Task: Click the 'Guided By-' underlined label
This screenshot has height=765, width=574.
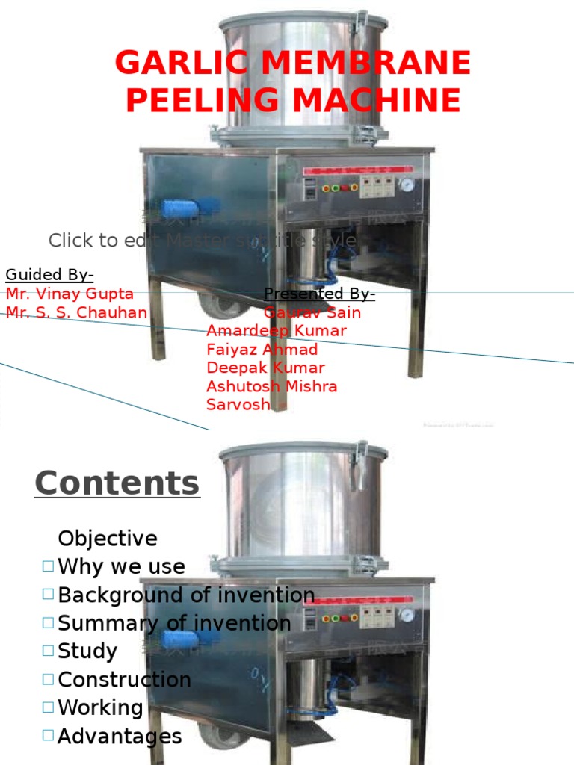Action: coord(49,275)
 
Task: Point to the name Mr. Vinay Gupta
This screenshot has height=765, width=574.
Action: coord(70,294)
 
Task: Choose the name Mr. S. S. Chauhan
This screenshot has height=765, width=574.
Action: coord(76,312)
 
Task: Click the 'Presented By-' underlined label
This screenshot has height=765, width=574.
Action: coord(320,294)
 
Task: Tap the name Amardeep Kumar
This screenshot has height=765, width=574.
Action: coord(277,330)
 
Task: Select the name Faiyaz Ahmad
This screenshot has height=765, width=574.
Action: coord(262,349)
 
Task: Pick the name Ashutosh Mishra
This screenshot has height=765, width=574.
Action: coord(271,386)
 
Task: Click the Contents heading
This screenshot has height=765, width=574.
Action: coord(117,483)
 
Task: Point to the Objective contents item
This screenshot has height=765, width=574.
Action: coord(108,539)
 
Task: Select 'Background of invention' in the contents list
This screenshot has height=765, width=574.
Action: coord(186,595)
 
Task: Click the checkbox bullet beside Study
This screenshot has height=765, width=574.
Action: coord(49,651)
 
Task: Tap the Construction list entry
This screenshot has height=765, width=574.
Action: coord(124,680)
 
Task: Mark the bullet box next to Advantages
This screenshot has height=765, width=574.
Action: coord(49,736)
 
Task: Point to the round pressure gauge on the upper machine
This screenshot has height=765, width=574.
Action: coord(406,184)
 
